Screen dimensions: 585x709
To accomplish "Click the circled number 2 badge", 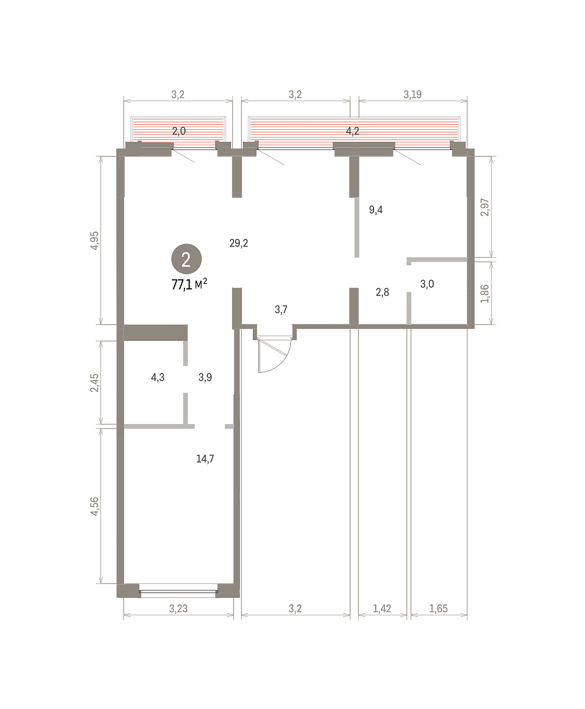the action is pos(186,259).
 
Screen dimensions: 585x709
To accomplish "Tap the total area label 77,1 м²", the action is pos(189,284).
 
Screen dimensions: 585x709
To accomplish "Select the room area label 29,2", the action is pos(239,243).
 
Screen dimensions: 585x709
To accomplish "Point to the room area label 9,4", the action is pos(376,210).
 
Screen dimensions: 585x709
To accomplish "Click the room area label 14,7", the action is pos(205,459).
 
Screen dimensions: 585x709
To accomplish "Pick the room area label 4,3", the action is pos(158,378).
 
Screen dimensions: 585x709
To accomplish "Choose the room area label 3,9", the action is pos(205,378).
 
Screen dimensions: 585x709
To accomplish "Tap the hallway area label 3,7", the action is pos(281,310).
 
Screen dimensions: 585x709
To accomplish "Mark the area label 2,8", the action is pos(382,292).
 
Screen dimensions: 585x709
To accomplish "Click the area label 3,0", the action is pos(427,284).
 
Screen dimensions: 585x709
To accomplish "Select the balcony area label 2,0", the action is pos(178,131).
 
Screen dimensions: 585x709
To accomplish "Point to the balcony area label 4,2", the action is pos(352,131).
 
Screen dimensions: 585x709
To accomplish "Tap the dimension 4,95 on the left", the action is pos(95,240).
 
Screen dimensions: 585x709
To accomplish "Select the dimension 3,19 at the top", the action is pos(412,95).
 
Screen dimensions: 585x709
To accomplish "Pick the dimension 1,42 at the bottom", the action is pos(382,609).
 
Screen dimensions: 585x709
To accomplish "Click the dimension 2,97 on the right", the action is pos(485,207).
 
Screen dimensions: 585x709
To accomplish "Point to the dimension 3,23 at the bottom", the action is pos(178,609).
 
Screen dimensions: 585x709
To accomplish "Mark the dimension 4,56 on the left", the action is pos(95,506).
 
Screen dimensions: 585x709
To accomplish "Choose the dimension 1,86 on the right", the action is pos(485,294).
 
